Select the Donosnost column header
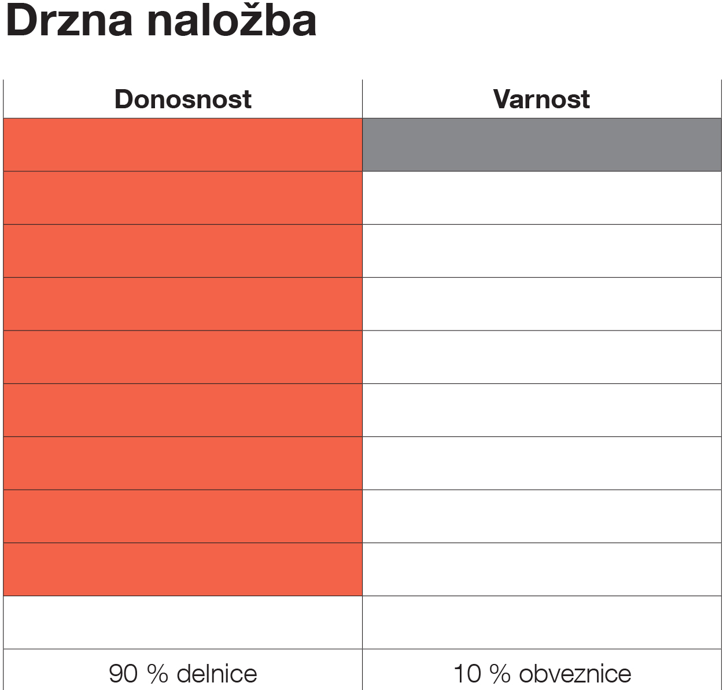click(x=183, y=99)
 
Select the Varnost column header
click(x=541, y=99)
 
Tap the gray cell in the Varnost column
click(x=542, y=145)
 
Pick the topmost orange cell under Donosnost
click(x=183, y=145)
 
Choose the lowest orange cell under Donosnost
click(x=183, y=569)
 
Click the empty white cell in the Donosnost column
click(x=183, y=622)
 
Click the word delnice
click(x=217, y=674)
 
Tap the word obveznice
click(x=575, y=674)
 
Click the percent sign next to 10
click(x=499, y=674)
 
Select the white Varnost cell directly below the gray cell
click(x=542, y=198)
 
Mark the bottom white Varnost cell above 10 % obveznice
click(x=542, y=622)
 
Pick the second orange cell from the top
click(x=183, y=198)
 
